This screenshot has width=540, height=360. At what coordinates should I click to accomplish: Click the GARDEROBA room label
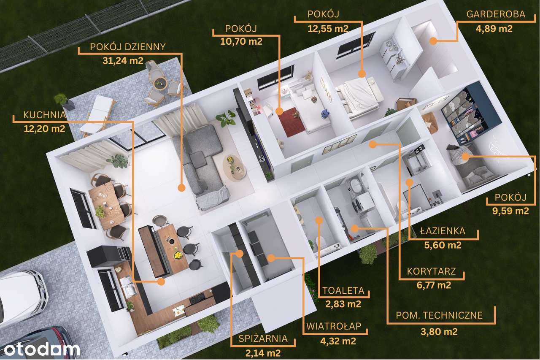point(496,14)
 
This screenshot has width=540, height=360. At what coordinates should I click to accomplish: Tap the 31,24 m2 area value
point(123,60)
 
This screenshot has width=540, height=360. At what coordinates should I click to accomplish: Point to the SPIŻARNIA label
point(263,338)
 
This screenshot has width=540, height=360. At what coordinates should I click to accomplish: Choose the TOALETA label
point(343,290)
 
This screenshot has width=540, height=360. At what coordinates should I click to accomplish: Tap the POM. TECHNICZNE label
point(439,315)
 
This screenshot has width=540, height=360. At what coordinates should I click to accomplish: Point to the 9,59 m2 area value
point(510,211)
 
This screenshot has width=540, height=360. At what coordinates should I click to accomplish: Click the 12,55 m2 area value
point(328,29)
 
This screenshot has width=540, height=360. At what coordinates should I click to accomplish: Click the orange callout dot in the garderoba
point(433,41)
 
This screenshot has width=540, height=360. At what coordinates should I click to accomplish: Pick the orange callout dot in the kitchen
point(161,282)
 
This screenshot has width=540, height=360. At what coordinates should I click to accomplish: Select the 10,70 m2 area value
point(241,41)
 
